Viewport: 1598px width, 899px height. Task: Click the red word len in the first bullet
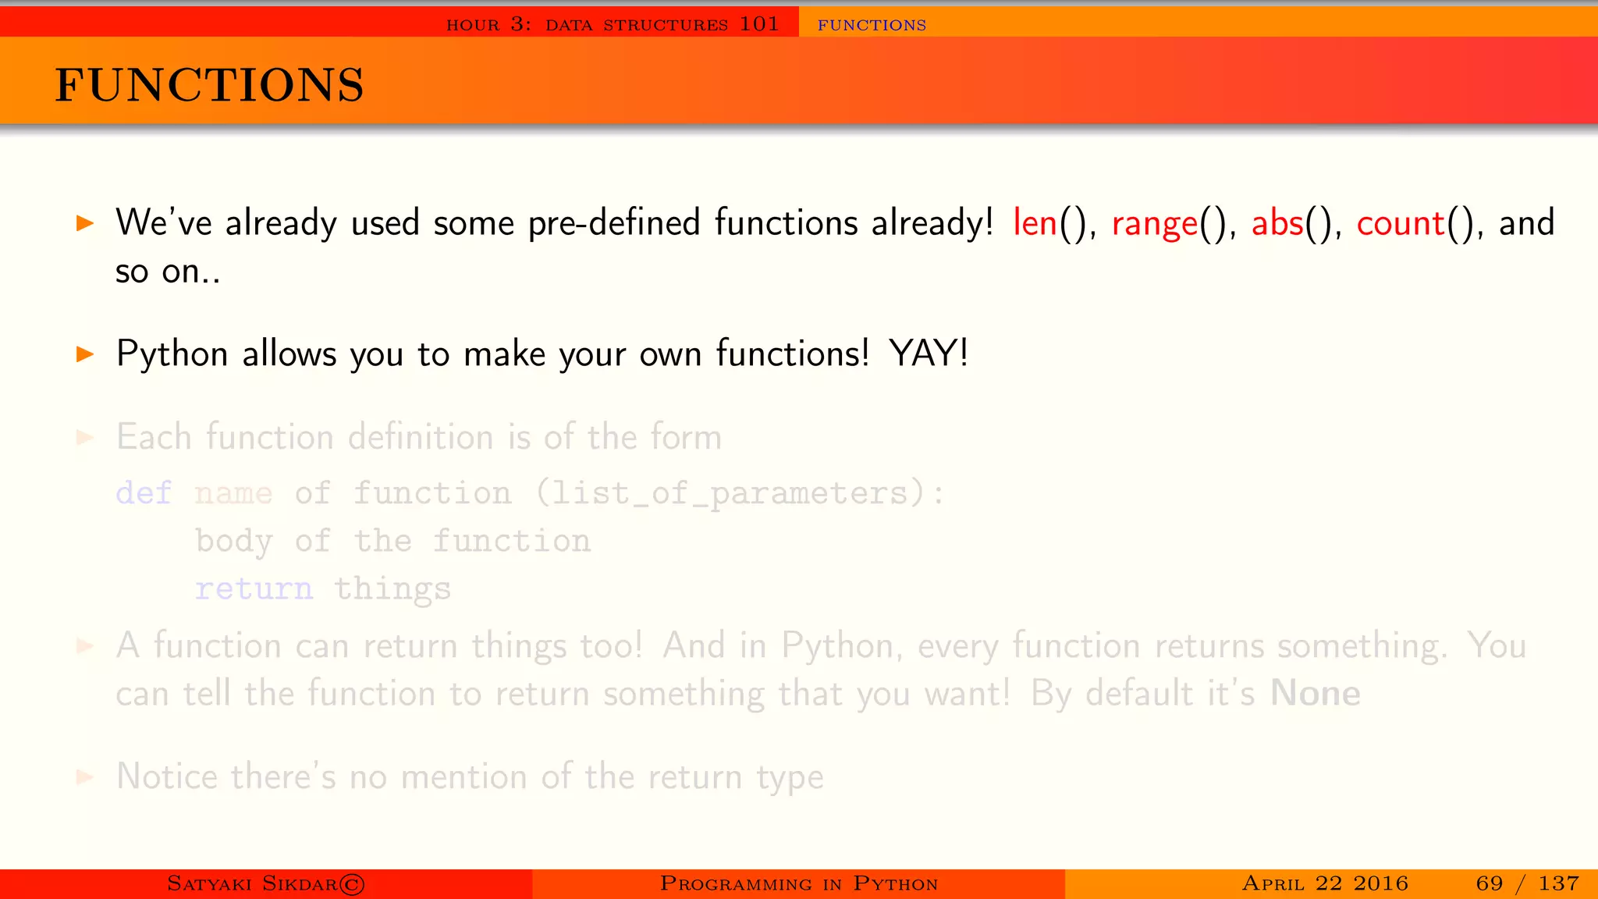click(x=1035, y=223)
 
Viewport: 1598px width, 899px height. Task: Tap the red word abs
click(x=1277, y=223)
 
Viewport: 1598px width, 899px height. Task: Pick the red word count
click(x=1401, y=223)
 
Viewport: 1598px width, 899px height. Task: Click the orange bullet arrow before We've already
click(x=85, y=224)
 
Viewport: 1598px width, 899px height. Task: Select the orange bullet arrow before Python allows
click(x=85, y=354)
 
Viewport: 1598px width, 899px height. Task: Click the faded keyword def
click(x=144, y=493)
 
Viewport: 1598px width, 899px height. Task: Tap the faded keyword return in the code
click(x=254, y=588)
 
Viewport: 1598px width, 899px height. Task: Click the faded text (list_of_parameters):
click(x=740, y=493)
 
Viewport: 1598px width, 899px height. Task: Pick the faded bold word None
click(x=1316, y=693)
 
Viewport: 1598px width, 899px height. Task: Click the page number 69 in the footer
click(x=1489, y=883)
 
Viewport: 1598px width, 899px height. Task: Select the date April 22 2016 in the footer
click(x=1325, y=883)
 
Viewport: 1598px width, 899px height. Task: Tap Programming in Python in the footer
click(x=798, y=883)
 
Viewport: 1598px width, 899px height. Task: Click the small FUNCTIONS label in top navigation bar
click(x=872, y=25)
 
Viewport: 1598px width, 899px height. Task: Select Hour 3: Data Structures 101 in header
click(x=613, y=24)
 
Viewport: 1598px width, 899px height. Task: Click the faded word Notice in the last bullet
click(x=167, y=776)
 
